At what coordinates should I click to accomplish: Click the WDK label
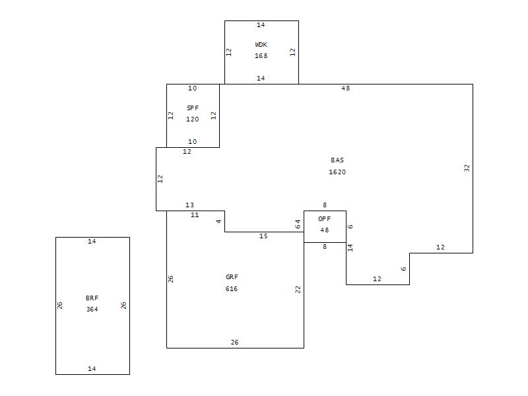(x=261, y=45)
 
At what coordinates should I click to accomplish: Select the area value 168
(x=261, y=56)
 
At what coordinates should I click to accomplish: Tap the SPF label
(x=193, y=108)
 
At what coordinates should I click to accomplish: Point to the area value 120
(x=193, y=119)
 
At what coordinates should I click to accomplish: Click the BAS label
(x=337, y=160)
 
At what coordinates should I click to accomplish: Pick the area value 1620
(x=337, y=172)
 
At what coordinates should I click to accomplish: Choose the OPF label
(x=325, y=218)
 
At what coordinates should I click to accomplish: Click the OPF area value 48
(x=325, y=230)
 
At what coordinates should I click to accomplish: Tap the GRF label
(x=232, y=277)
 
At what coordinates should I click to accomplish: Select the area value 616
(x=232, y=289)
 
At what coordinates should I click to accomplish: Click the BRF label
(x=92, y=298)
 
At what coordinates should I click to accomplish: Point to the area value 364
(x=92, y=310)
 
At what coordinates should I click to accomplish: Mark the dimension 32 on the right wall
(x=467, y=168)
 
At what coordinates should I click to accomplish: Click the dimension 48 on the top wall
(x=346, y=88)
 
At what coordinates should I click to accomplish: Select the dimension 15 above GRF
(x=263, y=236)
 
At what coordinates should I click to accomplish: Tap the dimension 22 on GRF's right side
(x=298, y=289)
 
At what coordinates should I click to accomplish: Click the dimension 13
(x=190, y=205)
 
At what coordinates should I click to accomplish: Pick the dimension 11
(x=195, y=215)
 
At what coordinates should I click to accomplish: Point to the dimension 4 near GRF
(x=219, y=221)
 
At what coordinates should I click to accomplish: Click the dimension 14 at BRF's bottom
(x=92, y=369)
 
